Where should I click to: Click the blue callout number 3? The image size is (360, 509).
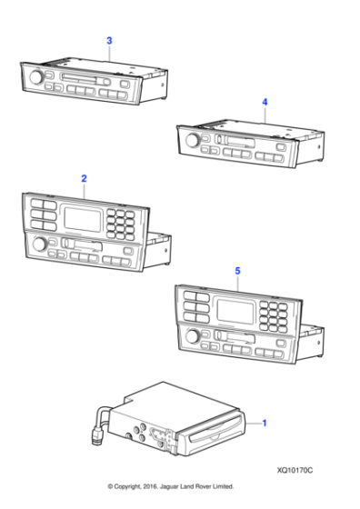click(x=109, y=41)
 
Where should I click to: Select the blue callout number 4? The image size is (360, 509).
click(x=265, y=103)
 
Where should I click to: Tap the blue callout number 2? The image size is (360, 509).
click(x=84, y=179)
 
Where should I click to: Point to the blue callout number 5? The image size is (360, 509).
click(x=237, y=271)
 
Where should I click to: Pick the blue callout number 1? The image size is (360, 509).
click(x=265, y=423)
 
